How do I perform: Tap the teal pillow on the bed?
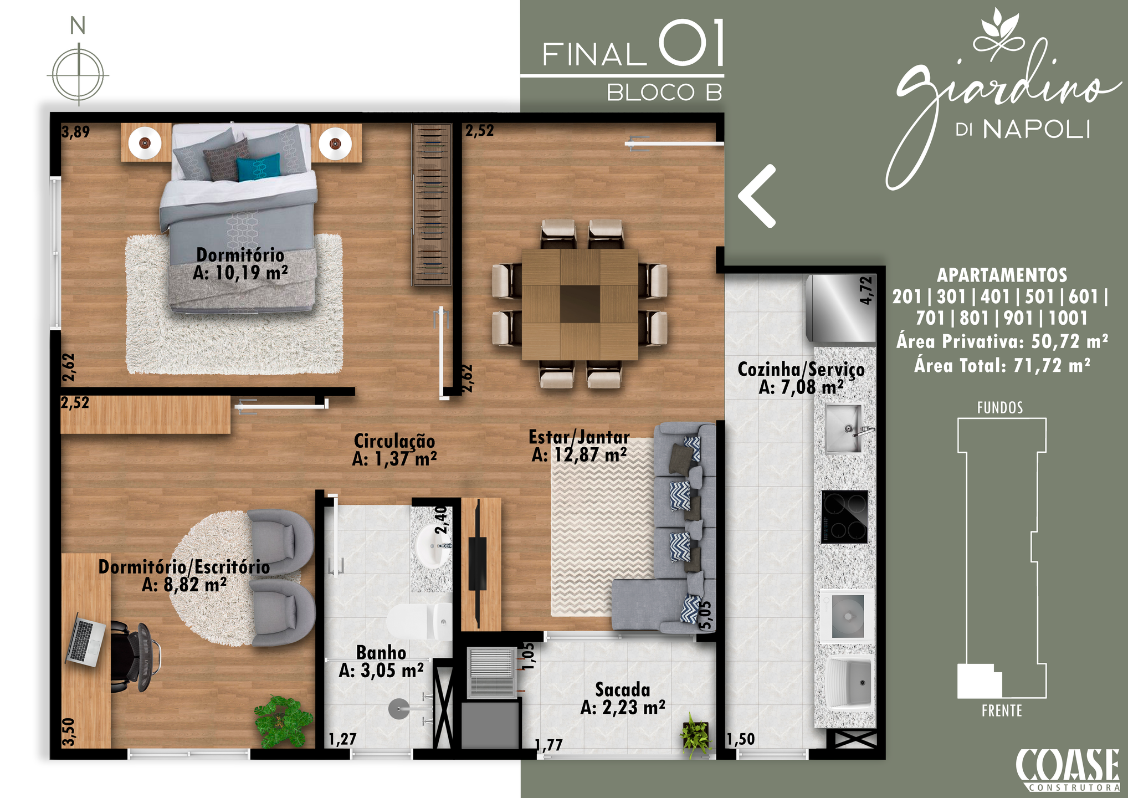tap(258, 167)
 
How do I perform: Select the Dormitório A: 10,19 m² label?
tap(240, 264)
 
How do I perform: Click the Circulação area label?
tap(394, 450)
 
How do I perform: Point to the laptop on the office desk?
tap(85, 640)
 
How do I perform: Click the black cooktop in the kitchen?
tap(844, 516)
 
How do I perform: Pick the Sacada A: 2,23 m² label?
tap(623, 698)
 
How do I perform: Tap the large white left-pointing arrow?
tap(757, 196)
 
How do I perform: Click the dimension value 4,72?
tap(866, 290)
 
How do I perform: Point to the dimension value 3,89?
tap(75, 132)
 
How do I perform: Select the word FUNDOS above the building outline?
tap(1000, 408)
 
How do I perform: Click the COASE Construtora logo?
tap(1068, 770)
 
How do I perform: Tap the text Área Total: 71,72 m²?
tap(1002, 366)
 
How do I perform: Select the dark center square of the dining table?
tap(580, 304)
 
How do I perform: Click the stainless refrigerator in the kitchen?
tap(841, 309)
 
